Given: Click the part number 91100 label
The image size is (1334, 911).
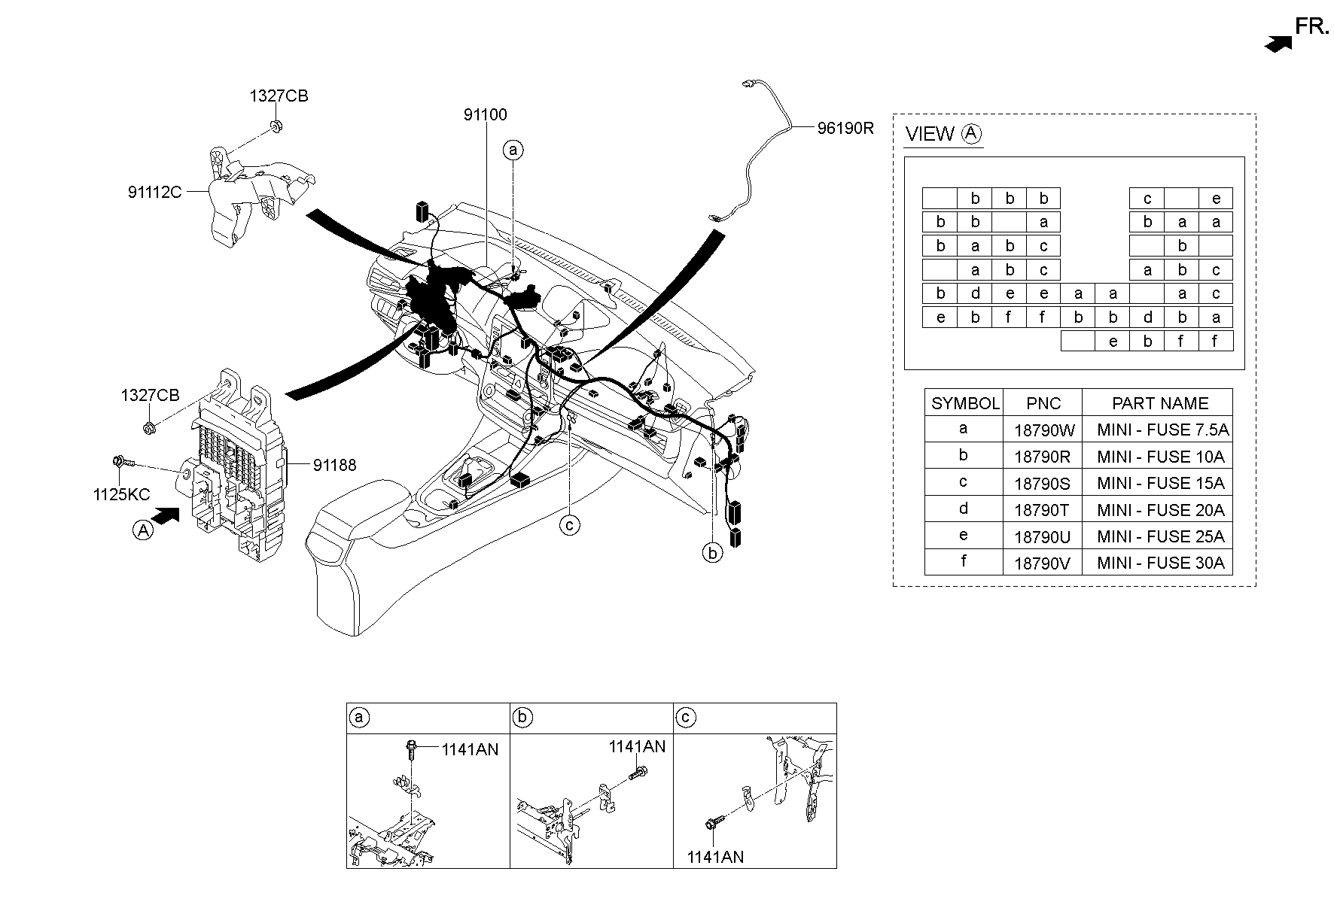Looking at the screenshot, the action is (485, 115).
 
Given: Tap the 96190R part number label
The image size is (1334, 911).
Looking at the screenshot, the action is (845, 129).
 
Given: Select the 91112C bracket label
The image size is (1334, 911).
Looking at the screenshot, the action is (155, 193).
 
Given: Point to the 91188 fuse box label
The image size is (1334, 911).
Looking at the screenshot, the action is (335, 466).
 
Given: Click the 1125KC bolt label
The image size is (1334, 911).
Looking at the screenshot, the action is (122, 495).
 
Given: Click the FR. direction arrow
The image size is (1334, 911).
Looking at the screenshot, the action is (1278, 44).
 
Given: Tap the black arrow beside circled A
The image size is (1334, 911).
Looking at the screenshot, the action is (166, 515).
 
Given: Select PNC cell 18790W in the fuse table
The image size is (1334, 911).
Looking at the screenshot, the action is (1043, 430).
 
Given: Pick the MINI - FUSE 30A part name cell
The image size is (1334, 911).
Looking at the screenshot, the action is (1160, 563).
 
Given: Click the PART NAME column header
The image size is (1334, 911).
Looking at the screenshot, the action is (1160, 403).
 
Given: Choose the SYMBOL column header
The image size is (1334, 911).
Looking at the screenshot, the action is (965, 403).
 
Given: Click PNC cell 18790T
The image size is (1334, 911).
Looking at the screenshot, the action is (1041, 510).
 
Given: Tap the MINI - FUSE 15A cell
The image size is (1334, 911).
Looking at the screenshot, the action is (1160, 483).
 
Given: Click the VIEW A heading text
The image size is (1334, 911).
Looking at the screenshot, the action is (943, 135).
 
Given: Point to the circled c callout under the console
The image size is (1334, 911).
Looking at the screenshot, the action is (570, 524).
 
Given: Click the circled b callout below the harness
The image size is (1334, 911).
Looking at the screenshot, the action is (712, 553).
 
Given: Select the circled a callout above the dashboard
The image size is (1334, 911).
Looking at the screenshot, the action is (513, 150).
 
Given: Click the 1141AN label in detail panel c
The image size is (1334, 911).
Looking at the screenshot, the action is (715, 857).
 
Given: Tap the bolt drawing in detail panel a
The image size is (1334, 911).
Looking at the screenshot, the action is (410, 749).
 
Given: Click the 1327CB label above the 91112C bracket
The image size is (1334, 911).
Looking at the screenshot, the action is (279, 96).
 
